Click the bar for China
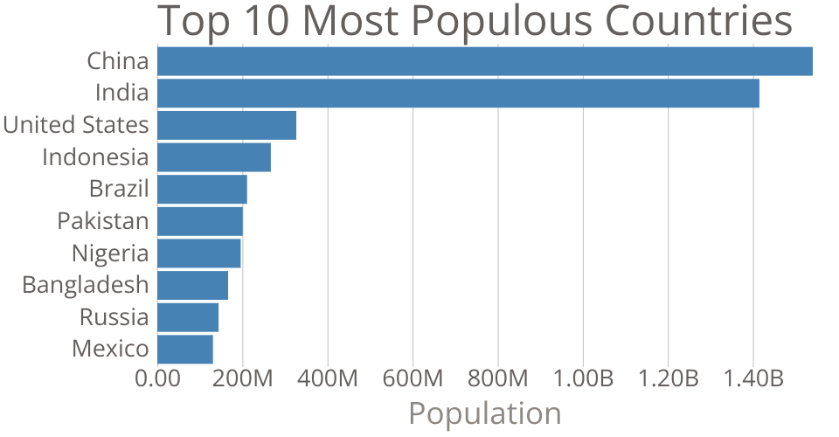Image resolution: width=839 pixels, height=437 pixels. pyautogui.click(x=485, y=61)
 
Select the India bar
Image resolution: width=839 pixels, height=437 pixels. pyautogui.click(x=458, y=93)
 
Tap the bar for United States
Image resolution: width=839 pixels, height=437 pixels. pyautogui.click(x=226, y=125)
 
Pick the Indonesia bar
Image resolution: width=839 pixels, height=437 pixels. pyautogui.click(x=214, y=157)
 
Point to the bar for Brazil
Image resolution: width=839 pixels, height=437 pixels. pyautogui.click(x=202, y=189)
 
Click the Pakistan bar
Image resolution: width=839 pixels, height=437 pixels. pyautogui.click(x=200, y=221)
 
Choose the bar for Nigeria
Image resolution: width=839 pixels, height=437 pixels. pyautogui.click(x=198, y=253)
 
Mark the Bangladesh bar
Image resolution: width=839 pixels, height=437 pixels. pyautogui.click(x=192, y=285)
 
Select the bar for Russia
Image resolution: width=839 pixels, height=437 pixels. pyautogui.click(x=188, y=317)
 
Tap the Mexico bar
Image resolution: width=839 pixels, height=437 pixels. pyautogui.click(x=185, y=349)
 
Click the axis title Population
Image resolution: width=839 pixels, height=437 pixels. pyautogui.click(x=485, y=413)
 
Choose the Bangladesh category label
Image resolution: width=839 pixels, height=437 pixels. pyautogui.click(x=86, y=285)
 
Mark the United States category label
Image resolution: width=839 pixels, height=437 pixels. pyautogui.click(x=76, y=125)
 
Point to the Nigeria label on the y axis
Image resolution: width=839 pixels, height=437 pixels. pyautogui.click(x=110, y=253)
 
